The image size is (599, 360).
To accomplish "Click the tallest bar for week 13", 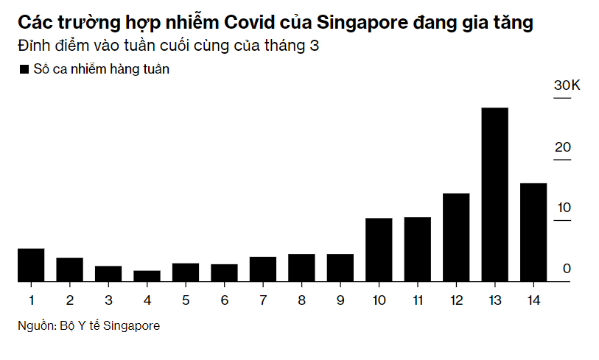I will pyautogui.click(x=495, y=194).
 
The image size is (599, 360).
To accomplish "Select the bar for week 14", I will pyautogui.click(x=533, y=232).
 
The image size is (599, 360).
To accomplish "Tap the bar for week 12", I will pyautogui.click(x=456, y=237).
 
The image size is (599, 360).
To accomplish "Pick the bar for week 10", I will pyautogui.click(x=379, y=250).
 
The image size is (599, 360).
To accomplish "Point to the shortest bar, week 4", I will pyautogui.click(x=147, y=276).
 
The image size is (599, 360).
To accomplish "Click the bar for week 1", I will pyautogui.click(x=31, y=265).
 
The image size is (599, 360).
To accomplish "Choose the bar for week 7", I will pyautogui.click(x=263, y=269).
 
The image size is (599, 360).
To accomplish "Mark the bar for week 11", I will pyautogui.click(x=418, y=249).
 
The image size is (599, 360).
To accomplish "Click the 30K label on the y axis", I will pyautogui.click(x=567, y=86).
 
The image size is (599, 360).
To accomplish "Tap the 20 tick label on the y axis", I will pyautogui.click(x=564, y=147).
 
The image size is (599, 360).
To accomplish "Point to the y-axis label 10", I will pyautogui.click(x=564, y=208).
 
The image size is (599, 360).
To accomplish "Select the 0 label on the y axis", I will pyautogui.click(x=567, y=269).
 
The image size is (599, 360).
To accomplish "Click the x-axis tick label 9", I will pyautogui.click(x=340, y=300).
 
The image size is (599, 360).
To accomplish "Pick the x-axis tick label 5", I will pyautogui.click(x=186, y=300).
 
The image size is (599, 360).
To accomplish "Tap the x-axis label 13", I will pyautogui.click(x=495, y=300).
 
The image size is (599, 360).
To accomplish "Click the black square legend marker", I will pyautogui.click(x=23, y=69).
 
